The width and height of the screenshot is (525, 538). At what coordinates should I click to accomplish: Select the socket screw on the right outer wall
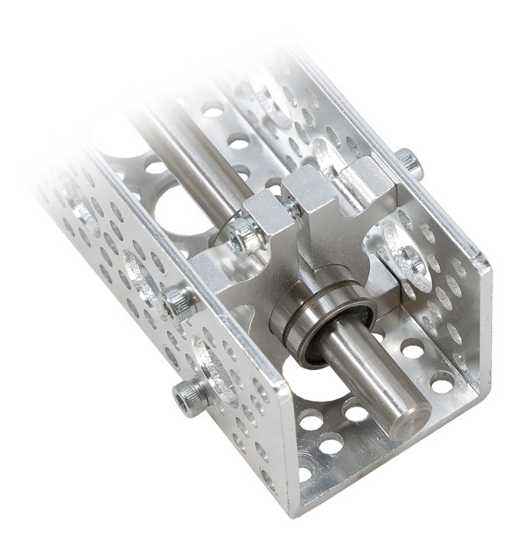coord(409,161)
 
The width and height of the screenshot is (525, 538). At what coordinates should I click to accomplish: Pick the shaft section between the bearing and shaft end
coord(367,376)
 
